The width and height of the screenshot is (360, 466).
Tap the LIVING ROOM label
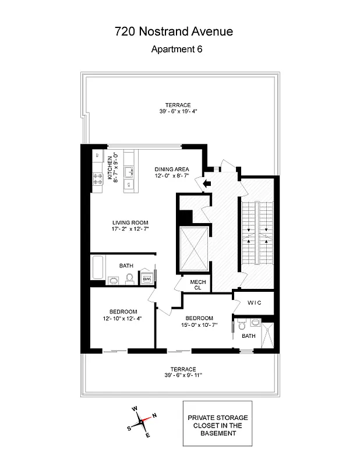pos(130,223)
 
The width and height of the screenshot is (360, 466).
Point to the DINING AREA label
pos(172,169)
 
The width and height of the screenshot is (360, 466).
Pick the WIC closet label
pos(255,303)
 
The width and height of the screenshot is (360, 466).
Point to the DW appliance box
pos(147,279)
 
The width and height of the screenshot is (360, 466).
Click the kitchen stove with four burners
pos(97,181)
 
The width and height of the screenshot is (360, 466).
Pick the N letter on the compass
pos(154,415)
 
